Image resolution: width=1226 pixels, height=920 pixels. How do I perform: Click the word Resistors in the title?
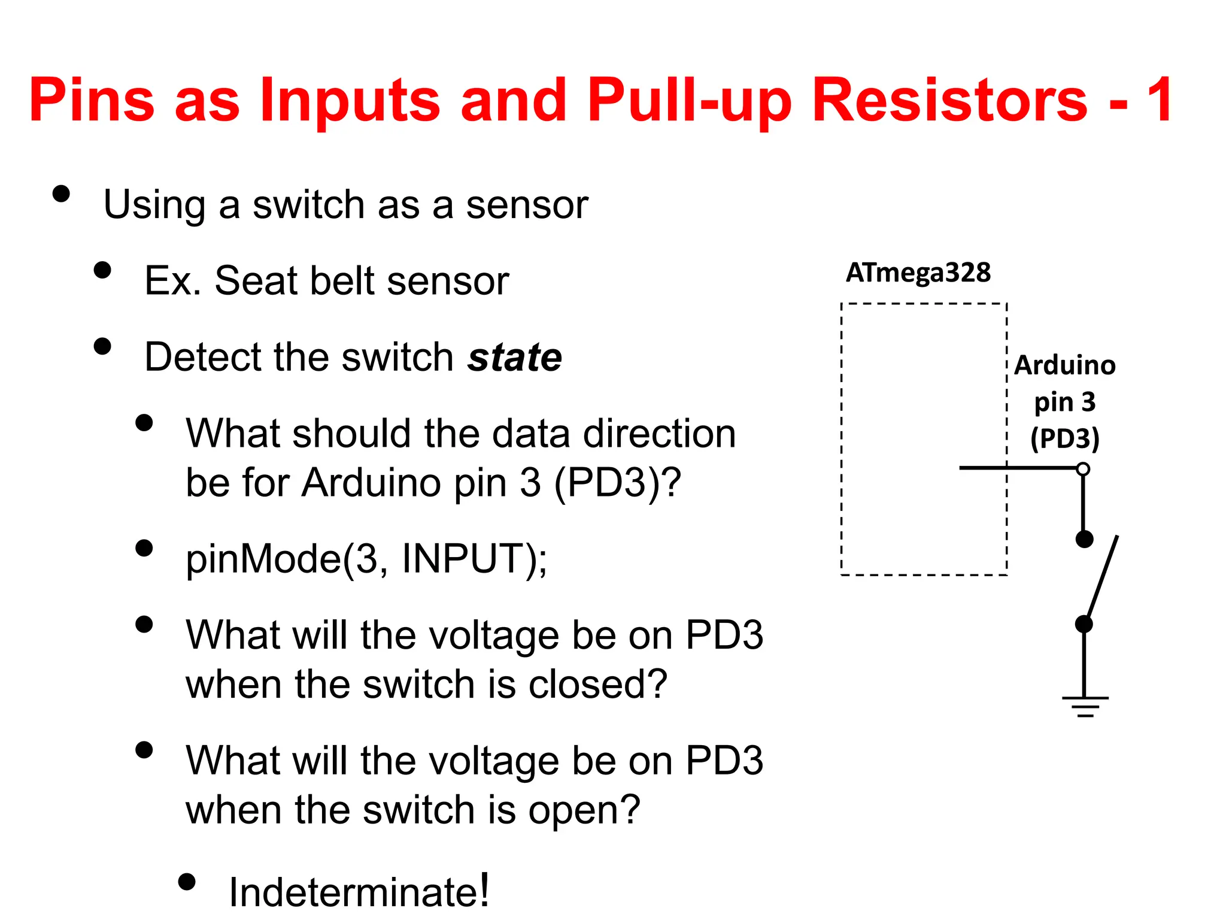[x=949, y=100]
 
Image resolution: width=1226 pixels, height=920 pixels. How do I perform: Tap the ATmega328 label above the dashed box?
[x=918, y=273]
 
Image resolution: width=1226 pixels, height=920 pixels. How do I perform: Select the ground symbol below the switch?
[x=1085, y=706]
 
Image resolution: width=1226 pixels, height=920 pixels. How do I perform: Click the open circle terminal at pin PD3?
[x=1083, y=469]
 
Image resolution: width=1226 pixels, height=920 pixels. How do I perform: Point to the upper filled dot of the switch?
[x=1084, y=539]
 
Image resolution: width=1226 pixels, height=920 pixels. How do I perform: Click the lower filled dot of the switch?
[x=1084, y=624]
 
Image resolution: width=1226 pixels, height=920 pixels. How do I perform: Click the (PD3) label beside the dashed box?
[x=1065, y=438]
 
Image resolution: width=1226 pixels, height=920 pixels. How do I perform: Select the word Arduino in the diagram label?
[x=1065, y=365]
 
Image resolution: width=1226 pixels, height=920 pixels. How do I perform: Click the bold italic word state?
[x=515, y=358]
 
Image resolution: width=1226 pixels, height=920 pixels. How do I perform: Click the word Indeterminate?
[x=359, y=892]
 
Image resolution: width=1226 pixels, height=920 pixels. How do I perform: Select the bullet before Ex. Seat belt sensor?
[x=103, y=270]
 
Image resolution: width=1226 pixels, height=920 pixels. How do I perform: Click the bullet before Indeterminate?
[x=187, y=882]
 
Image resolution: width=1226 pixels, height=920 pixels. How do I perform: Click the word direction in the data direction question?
[x=660, y=433]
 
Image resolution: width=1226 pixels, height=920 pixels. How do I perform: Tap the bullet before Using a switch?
[x=61, y=193]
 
